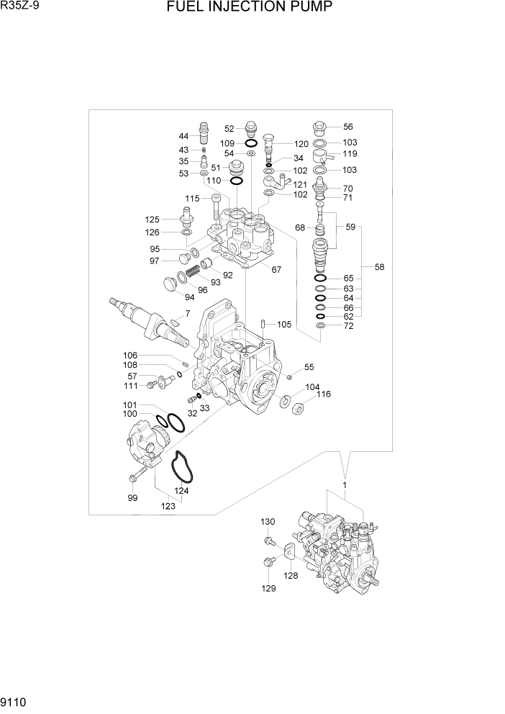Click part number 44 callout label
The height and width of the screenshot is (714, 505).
coord(183,136)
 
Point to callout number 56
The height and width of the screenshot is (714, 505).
coord(347,126)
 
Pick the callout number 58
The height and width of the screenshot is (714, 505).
coord(379,267)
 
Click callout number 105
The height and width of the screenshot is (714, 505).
coord(284,325)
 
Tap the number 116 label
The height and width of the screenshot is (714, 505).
coord(323,394)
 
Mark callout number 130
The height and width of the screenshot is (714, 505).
coord(267,522)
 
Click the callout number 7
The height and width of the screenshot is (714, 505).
coord(188,313)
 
